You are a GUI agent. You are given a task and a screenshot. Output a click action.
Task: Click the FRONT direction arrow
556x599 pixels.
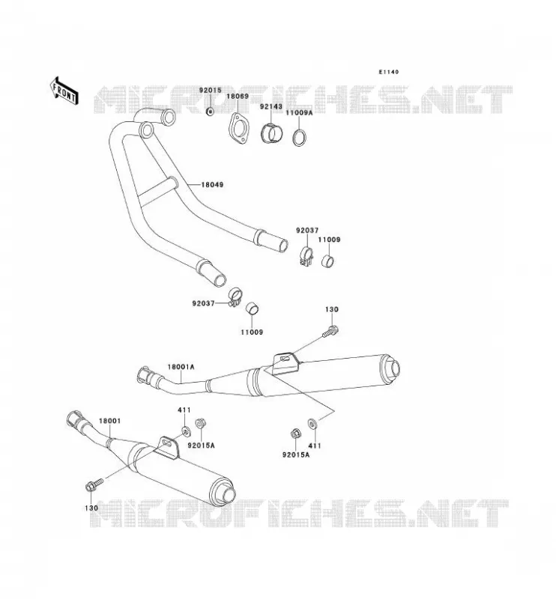(x=64, y=91)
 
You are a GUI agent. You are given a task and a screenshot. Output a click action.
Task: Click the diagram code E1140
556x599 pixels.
(x=388, y=72)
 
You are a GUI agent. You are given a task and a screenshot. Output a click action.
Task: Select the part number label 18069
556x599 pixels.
(x=238, y=97)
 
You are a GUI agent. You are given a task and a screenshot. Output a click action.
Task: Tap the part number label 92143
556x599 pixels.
(x=271, y=106)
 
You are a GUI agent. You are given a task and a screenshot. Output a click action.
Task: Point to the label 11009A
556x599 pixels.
(x=299, y=113)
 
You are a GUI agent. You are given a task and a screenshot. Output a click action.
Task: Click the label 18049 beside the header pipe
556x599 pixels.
(x=212, y=184)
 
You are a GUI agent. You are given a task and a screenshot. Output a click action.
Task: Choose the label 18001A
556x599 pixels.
(x=181, y=367)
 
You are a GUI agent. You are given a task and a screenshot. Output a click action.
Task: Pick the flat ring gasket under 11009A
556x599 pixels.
(x=300, y=138)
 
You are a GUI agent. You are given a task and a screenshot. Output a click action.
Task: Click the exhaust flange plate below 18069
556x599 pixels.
(x=238, y=129)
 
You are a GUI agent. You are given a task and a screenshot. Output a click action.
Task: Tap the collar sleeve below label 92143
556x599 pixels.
(x=272, y=133)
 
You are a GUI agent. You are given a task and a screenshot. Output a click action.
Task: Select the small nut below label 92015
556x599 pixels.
(x=210, y=112)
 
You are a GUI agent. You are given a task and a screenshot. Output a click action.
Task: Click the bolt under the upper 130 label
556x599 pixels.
(x=330, y=332)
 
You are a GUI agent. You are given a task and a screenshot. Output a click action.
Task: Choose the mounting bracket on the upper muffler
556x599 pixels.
(x=285, y=362)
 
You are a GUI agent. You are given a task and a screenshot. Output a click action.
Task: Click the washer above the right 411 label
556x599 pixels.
(x=312, y=423)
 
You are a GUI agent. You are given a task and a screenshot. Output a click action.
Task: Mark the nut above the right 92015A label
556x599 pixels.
(x=295, y=434)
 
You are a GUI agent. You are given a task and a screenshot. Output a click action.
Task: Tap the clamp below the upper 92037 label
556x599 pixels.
(x=306, y=257)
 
